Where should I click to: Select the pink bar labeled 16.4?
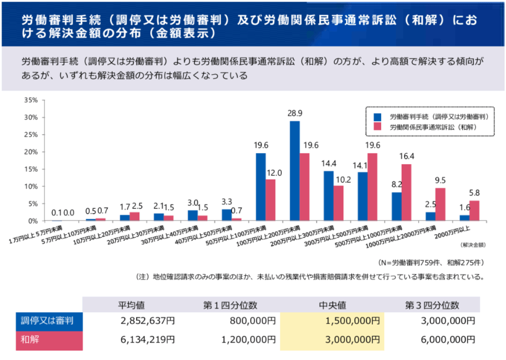pos(406,192)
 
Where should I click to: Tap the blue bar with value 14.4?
pos(329,196)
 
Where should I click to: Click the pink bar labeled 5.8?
pos(474,211)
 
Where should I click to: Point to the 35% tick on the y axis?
pos(31,100)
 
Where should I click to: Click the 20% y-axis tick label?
pos(31,152)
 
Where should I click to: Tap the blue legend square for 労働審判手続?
pos(377,116)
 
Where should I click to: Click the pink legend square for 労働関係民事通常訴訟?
pos(377,127)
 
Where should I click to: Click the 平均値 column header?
pos(131,305)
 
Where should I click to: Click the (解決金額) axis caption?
pos(474,245)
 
